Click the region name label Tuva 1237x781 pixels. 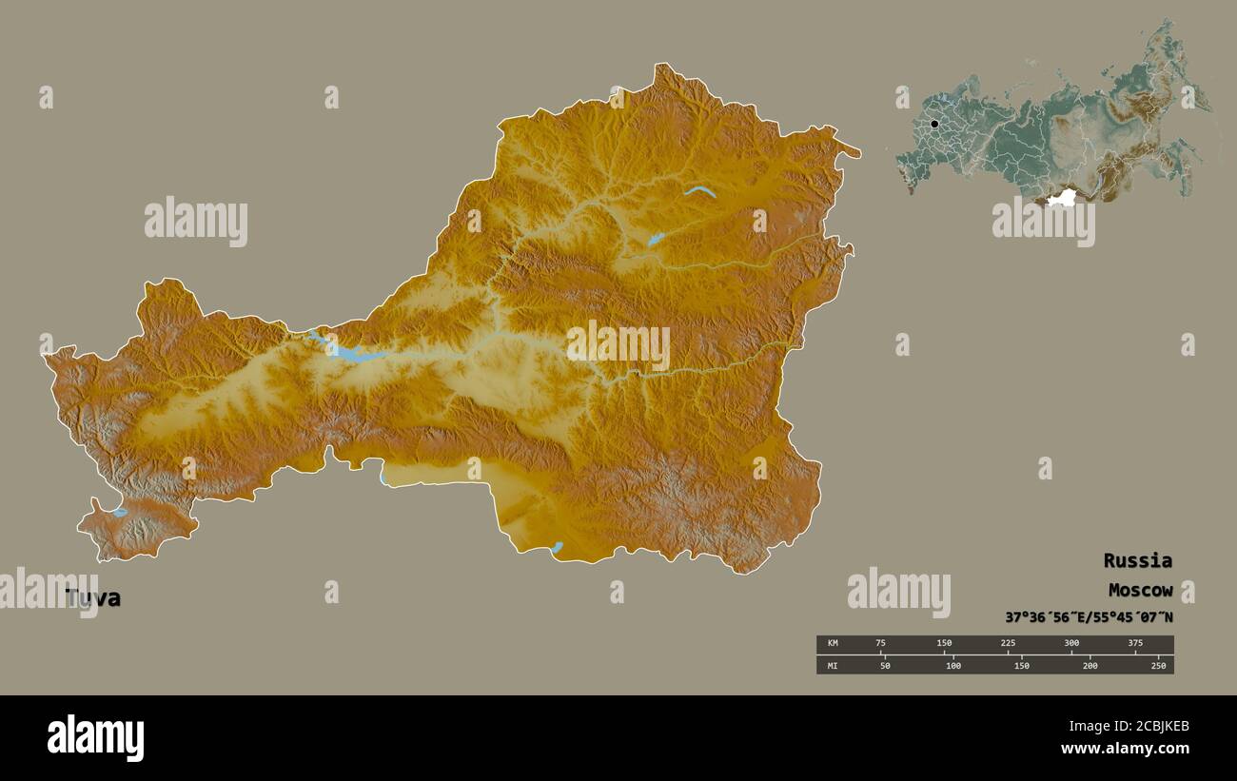coord(93,598)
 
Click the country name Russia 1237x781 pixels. coord(1137,560)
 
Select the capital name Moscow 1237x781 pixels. coord(1139,590)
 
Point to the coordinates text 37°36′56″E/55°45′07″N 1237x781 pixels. coord(1089,617)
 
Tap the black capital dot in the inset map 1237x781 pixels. coord(934,124)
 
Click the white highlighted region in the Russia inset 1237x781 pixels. coord(1060,198)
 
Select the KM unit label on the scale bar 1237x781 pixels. coord(833,643)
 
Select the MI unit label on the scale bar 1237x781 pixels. coord(833,666)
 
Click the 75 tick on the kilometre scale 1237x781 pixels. coord(880,643)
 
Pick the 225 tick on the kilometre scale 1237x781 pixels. coord(1008,643)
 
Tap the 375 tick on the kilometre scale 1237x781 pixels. coord(1135,643)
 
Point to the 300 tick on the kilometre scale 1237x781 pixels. coord(1071,643)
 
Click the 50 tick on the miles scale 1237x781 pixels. coord(885,666)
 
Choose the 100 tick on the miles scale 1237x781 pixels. coord(953,666)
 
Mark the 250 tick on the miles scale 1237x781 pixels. coord(1158,666)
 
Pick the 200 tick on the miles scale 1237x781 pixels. coord(1090,666)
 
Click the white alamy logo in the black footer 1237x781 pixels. coord(95,738)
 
